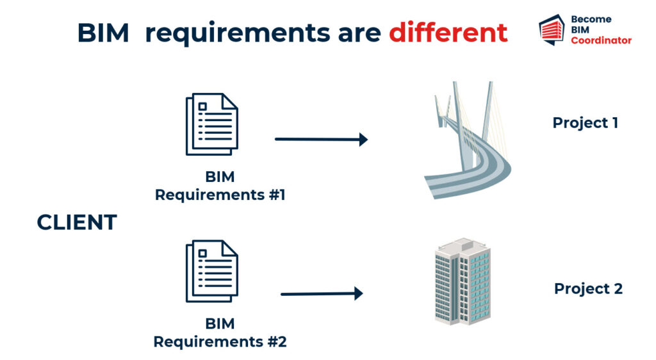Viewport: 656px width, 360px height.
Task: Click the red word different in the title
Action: coord(448,33)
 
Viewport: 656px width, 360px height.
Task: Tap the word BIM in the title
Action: coord(103,33)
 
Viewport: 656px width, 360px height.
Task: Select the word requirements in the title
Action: coord(238,33)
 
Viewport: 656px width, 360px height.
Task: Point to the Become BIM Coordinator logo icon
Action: coord(552,29)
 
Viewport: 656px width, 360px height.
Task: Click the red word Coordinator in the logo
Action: coord(601,40)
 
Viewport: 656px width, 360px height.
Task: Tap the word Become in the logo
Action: coord(591,19)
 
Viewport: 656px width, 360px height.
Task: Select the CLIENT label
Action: coord(77,222)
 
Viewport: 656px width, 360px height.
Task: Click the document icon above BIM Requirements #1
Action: coord(211,124)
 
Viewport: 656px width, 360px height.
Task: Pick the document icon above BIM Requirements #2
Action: coord(211,271)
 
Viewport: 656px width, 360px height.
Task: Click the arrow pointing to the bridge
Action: coord(322,139)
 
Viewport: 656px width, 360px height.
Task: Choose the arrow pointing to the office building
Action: coord(322,294)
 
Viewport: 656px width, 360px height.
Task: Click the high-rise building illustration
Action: coord(463,281)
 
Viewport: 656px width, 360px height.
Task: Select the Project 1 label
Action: coord(586,122)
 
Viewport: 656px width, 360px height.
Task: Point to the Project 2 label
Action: coord(588,288)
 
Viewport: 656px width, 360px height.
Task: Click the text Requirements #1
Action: coord(220,195)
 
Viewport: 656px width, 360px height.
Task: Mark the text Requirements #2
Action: coord(220,341)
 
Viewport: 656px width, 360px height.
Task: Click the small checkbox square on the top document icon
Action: coord(203,106)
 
